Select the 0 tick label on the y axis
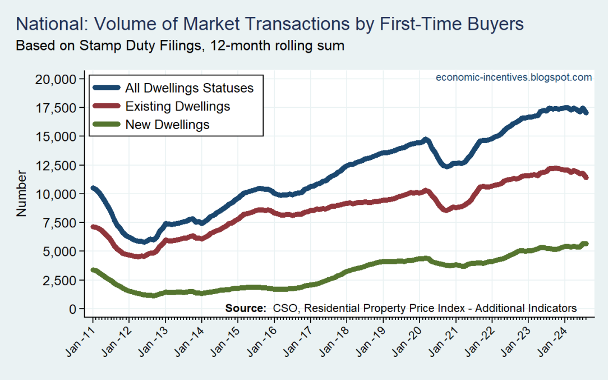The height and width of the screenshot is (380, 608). [x=72, y=309]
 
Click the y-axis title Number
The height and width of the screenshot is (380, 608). [x=21, y=194]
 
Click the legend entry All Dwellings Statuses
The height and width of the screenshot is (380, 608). [x=190, y=88]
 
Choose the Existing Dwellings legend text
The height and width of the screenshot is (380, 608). [x=178, y=106]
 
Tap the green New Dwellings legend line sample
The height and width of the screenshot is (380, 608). [x=107, y=125]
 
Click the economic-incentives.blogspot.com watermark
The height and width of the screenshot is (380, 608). [x=514, y=77]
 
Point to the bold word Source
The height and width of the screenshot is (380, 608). [x=246, y=308]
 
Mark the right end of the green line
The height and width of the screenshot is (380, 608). [x=586, y=244]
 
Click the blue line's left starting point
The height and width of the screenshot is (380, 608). [x=93, y=188]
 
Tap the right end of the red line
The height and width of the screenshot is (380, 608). [x=586, y=177]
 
